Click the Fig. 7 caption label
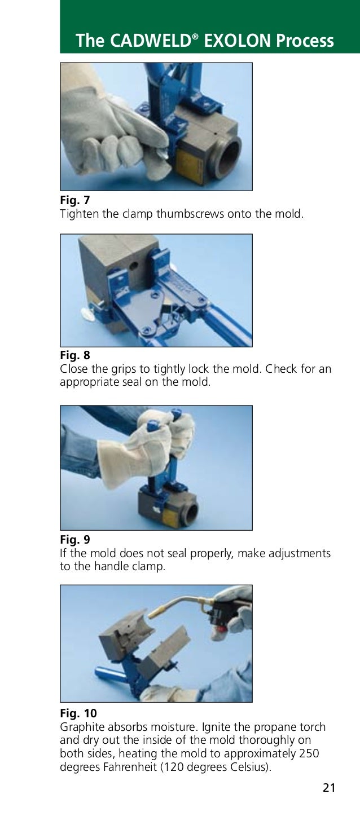[74, 200]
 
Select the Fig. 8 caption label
[74, 356]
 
